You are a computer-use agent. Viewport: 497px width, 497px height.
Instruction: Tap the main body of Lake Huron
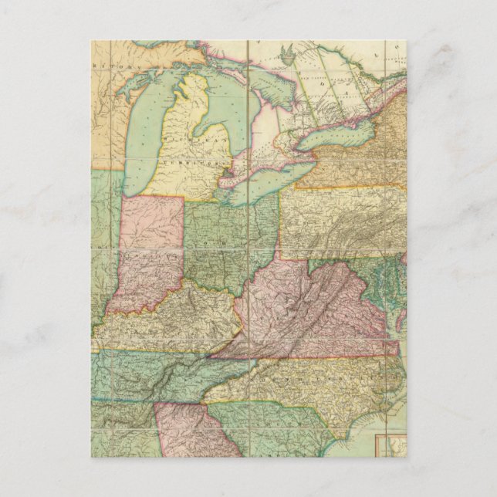pyautogui.click(x=258, y=100)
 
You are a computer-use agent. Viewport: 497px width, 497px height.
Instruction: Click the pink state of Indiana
pyautogui.click(x=150, y=255)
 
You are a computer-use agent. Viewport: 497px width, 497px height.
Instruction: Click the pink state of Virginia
pyautogui.click(x=309, y=309)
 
